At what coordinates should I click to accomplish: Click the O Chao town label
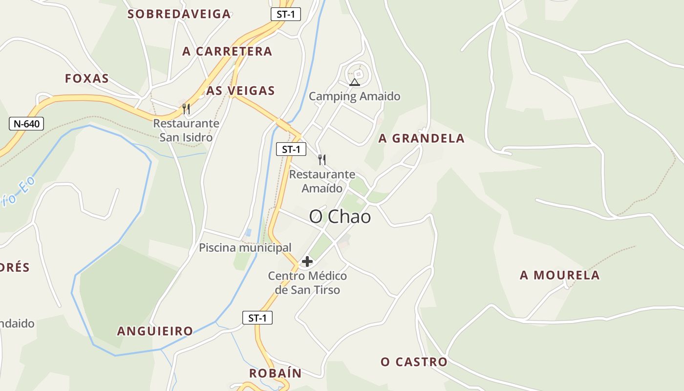(340, 217)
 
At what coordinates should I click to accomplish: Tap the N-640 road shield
(26, 124)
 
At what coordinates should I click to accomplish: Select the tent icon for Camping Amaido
(355, 82)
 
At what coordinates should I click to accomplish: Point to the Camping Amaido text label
(355, 96)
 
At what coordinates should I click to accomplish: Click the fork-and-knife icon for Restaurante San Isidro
(186, 109)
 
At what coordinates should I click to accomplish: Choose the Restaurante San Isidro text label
(186, 130)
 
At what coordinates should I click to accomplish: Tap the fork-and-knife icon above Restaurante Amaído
(321, 159)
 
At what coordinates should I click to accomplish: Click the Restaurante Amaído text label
(322, 181)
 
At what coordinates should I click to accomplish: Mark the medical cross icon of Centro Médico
(307, 262)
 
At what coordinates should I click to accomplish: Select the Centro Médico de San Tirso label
(307, 282)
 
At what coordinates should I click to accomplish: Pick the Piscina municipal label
(245, 248)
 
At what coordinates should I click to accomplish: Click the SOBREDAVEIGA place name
(179, 14)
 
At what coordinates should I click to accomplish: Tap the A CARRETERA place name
(227, 51)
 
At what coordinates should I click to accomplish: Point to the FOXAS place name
(87, 79)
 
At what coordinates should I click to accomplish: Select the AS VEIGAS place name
(240, 90)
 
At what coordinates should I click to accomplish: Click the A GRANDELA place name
(421, 138)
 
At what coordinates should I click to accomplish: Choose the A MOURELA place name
(559, 275)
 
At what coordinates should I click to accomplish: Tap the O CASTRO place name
(414, 362)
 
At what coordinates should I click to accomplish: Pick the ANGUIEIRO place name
(155, 331)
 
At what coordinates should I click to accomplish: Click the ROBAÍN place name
(275, 373)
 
